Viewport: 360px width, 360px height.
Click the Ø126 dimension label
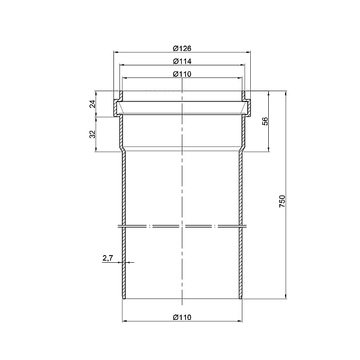(x=182, y=49)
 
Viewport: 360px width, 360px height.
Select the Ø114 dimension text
(x=182, y=61)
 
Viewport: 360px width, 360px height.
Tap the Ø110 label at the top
(x=182, y=74)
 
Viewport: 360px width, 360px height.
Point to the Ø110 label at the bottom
(x=182, y=317)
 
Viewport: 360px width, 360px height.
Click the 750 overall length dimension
(x=282, y=202)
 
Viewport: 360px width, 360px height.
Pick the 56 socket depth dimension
(x=265, y=121)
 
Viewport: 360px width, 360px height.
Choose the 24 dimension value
(x=92, y=104)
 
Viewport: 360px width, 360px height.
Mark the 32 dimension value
(x=92, y=134)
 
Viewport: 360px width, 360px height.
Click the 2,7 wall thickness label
(x=107, y=258)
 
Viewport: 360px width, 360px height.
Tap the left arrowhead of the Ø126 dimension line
(x=116, y=52)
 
